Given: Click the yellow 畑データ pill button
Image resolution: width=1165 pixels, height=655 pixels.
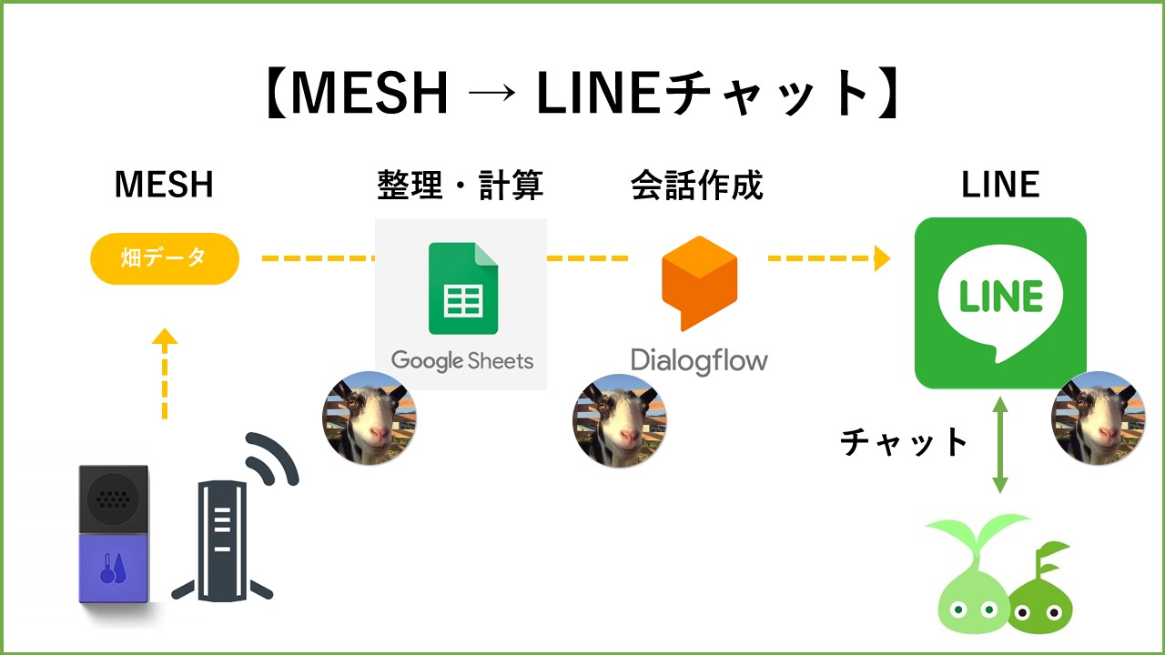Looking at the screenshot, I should [x=165, y=258].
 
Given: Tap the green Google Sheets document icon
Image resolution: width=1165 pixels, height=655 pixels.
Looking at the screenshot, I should [x=463, y=289].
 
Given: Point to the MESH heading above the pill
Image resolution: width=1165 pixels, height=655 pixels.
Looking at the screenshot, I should [x=164, y=185].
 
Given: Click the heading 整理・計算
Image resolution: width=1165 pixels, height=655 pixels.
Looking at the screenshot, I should [x=461, y=185].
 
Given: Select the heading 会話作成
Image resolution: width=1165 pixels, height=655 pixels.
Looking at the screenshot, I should [x=697, y=185].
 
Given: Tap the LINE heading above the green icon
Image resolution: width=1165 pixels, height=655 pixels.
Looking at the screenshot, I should [x=1000, y=185].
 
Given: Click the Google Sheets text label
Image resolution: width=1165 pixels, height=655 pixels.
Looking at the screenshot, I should [x=462, y=361].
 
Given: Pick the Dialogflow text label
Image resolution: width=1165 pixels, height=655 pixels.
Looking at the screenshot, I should [x=699, y=360].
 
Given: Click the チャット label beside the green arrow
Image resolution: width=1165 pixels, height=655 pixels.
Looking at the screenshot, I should [x=904, y=442].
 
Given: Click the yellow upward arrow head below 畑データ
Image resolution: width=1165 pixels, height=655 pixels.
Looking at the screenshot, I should [x=164, y=337].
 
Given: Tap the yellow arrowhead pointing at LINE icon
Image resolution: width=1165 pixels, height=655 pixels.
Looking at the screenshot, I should [x=881, y=258].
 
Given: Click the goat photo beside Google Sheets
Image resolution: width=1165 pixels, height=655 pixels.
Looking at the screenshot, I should [x=370, y=418].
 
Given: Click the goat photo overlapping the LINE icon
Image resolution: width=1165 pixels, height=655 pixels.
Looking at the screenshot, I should [x=1098, y=418].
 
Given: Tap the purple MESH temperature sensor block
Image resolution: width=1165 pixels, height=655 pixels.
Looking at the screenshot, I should [x=113, y=568].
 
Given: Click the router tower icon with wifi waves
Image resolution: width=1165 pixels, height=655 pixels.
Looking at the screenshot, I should [x=224, y=537].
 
